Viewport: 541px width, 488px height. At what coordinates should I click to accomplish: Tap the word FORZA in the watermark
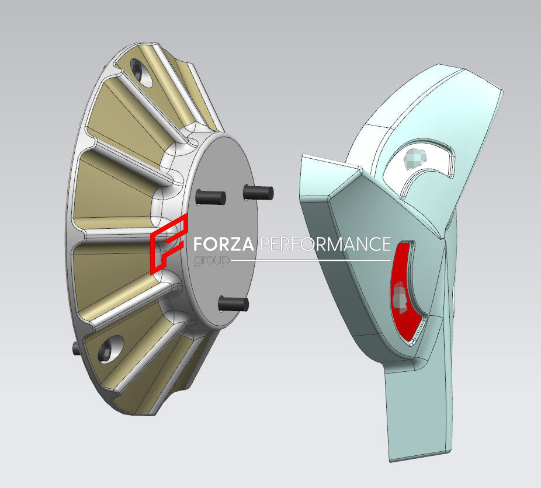[x=224, y=244]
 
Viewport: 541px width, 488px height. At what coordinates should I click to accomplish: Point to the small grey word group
[x=211, y=260]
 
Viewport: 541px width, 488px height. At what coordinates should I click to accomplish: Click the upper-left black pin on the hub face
[x=210, y=197]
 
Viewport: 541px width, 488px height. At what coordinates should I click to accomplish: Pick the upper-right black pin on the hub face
[x=258, y=191]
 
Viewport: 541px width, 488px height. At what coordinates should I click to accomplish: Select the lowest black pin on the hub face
[x=233, y=303]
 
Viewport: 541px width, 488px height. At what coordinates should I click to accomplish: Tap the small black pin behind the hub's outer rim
[x=76, y=348]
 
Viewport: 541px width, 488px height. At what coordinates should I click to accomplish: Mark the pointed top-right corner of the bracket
[x=501, y=90]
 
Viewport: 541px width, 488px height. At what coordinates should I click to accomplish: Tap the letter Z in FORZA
[x=237, y=244]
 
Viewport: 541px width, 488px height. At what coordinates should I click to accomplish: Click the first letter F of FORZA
[x=199, y=244]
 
